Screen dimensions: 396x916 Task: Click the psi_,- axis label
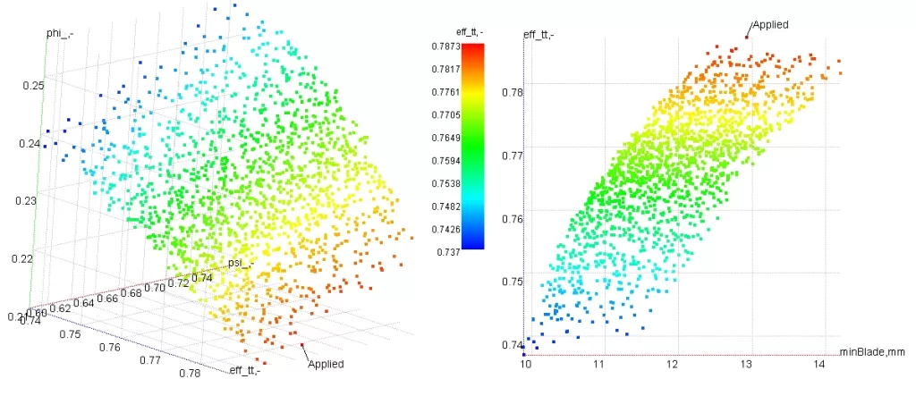click(239, 263)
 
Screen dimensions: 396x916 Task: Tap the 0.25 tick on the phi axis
click(32, 86)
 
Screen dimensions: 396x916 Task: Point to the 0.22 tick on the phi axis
click(32, 258)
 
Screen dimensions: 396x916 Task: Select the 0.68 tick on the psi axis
click(131, 292)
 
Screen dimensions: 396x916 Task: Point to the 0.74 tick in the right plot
click(512, 345)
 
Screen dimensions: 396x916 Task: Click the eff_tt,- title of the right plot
click(539, 35)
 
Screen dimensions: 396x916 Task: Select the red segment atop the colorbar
click(473, 49)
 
